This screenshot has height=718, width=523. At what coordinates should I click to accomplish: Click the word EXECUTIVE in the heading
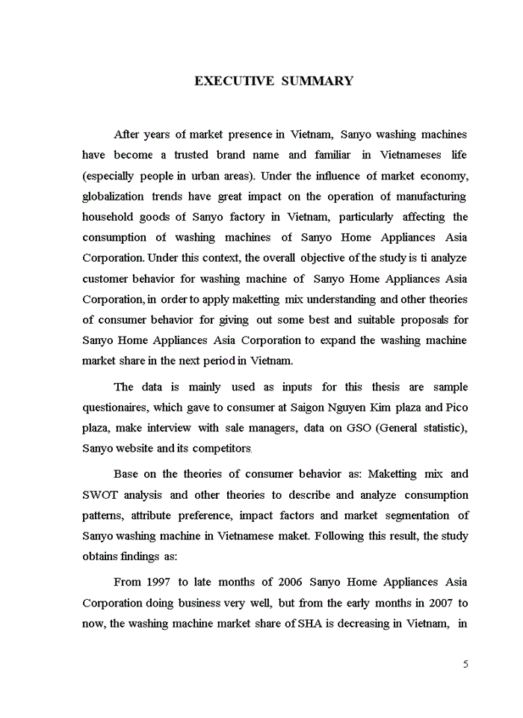tap(234, 81)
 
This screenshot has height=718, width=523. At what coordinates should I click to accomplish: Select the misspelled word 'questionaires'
tap(117, 408)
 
